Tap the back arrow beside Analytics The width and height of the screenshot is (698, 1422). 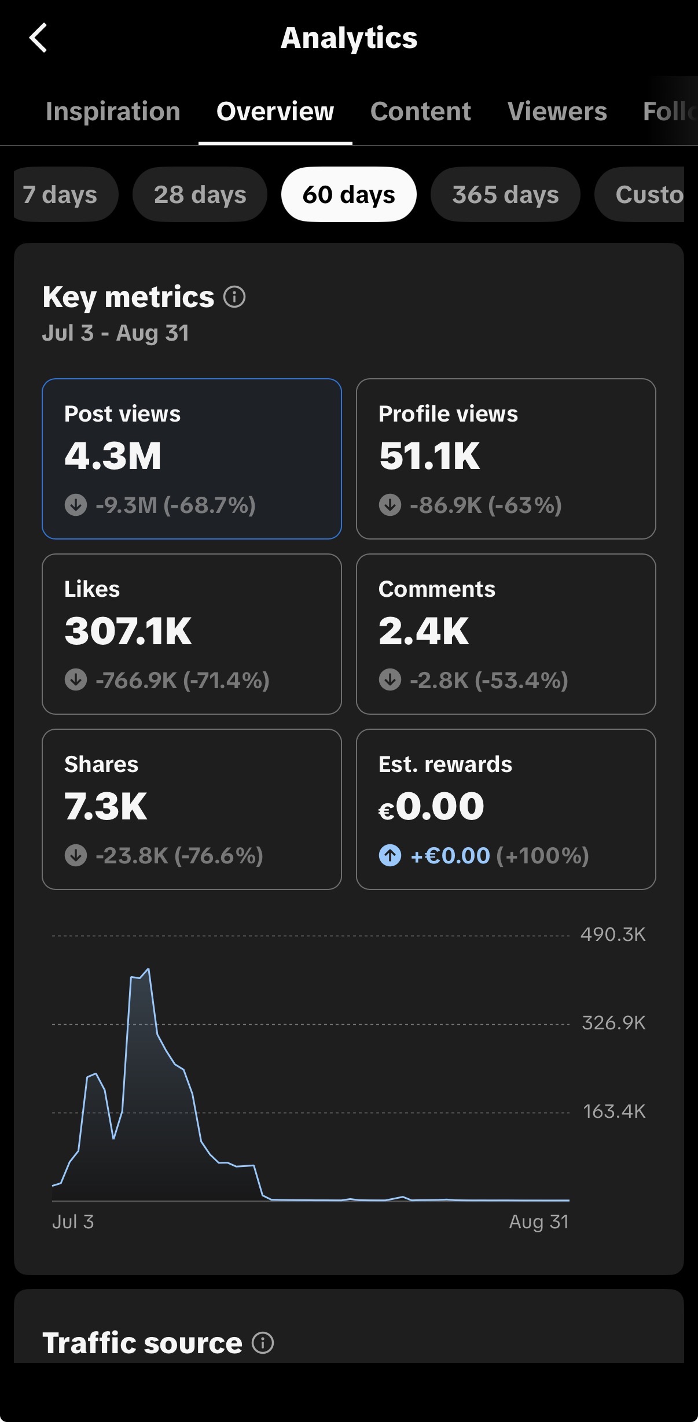point(38,38)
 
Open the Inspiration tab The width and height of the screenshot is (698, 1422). point(113,111)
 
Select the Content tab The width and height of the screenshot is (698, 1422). point(420,111)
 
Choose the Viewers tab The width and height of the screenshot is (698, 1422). point(557,111)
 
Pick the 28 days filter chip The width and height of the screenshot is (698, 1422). point(200,194)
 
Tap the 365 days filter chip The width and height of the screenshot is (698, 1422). point(505,194)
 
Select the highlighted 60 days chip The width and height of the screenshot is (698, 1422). point(348,194)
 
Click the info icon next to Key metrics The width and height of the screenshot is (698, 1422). point(234,297)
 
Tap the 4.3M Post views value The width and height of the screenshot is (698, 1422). point(113,456)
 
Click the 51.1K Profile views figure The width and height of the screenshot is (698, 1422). point(429,456)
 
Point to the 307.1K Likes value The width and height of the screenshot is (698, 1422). point(128,631)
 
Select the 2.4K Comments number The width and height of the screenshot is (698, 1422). point(424,631)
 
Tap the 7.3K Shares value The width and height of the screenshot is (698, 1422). point(106,806)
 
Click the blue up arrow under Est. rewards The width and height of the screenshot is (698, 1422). point(390,855)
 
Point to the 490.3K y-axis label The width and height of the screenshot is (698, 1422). point(613,935)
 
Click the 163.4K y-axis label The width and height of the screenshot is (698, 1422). point(614,1111)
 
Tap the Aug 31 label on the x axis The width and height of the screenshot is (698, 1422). point(539,1222)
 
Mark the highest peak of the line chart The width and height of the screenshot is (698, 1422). point(149,969)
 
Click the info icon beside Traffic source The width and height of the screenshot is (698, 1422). point(263,1343)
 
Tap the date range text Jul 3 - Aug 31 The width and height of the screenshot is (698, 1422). point(116,333)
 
